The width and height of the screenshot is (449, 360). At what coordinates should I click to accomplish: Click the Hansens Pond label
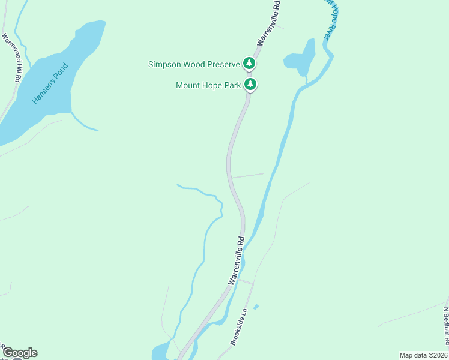point(51,83)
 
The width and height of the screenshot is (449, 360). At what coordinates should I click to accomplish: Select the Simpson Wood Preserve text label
point(194,64)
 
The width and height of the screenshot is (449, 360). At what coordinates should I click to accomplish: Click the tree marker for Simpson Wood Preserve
point(249,63)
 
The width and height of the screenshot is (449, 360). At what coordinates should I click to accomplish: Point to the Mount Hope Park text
point(208,85)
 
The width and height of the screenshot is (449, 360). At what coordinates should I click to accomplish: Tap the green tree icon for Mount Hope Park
point(250,85)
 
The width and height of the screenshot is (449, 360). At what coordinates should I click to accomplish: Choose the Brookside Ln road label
point(239,328)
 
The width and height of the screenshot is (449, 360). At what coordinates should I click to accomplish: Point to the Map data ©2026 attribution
point(423,355)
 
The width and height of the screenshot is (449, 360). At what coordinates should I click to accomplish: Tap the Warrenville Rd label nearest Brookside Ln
point(236,260)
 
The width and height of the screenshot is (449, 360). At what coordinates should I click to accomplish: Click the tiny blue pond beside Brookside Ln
point(256,307)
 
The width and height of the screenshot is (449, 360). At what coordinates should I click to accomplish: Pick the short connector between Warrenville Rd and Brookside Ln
point(246,281)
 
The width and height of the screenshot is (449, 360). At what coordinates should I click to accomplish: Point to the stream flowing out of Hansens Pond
point(84,122)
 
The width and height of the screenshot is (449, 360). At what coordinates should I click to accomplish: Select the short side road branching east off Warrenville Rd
point(247,176)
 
